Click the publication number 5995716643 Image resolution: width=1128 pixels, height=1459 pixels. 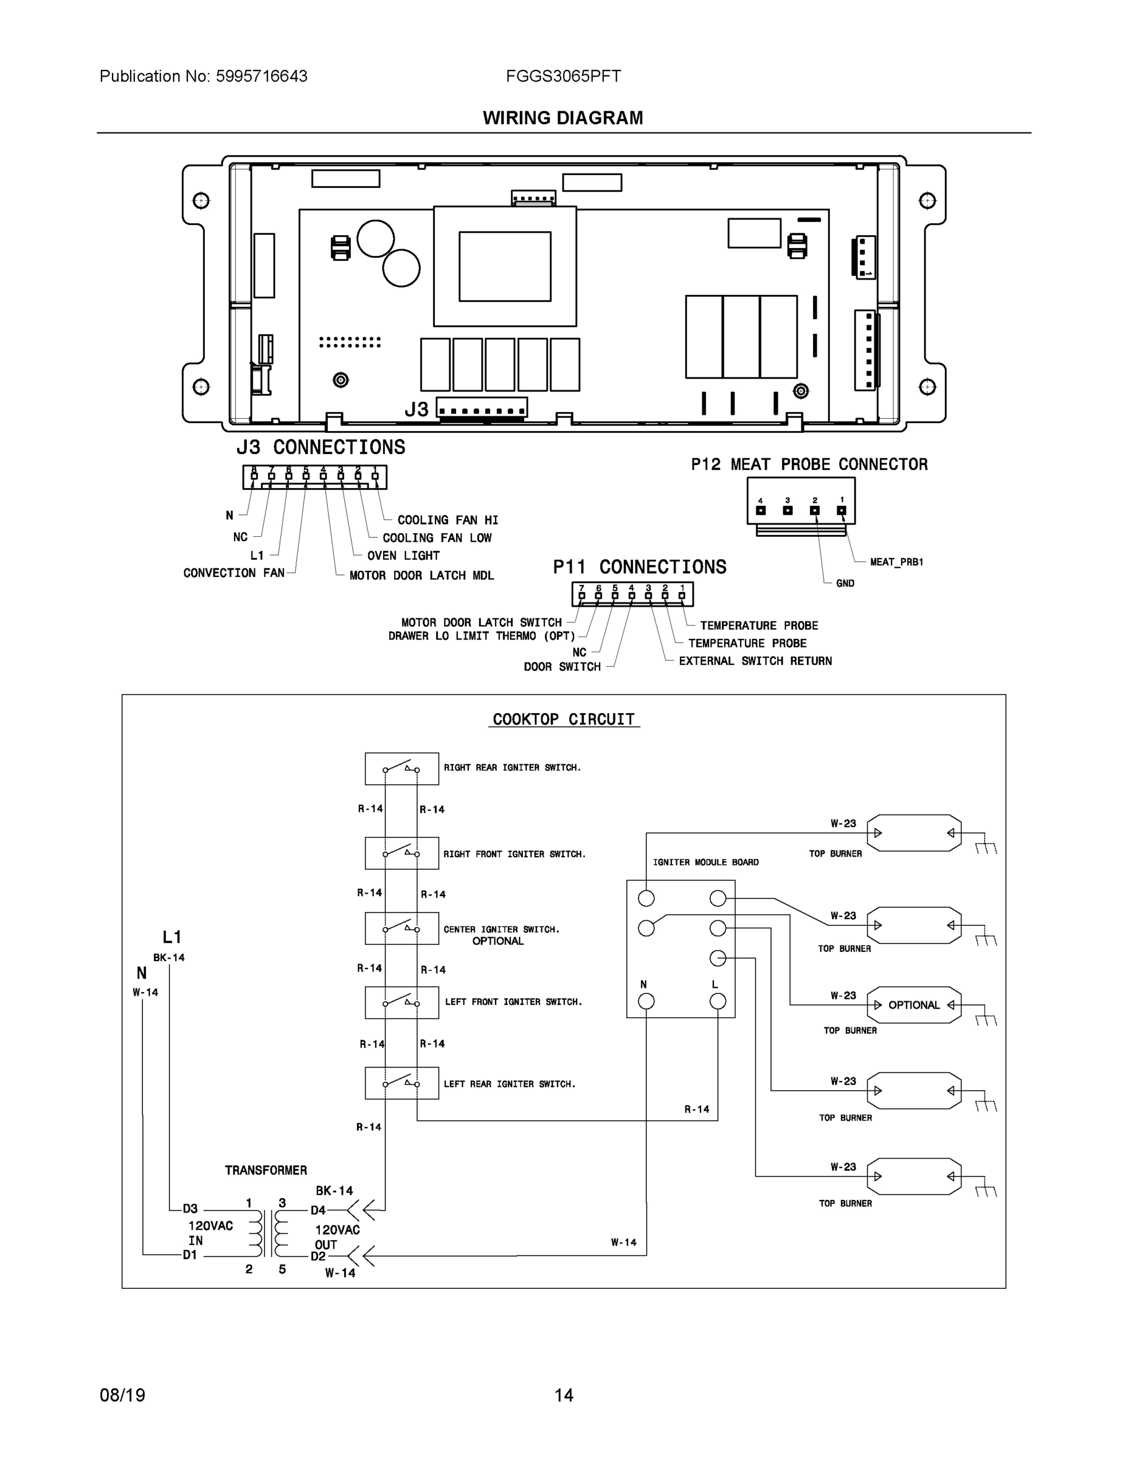261,76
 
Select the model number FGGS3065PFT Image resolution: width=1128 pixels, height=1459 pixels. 563,76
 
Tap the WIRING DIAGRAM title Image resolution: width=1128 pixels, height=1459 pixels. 562,119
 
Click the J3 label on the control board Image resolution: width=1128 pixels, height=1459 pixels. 417,409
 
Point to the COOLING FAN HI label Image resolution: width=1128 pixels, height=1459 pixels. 448,520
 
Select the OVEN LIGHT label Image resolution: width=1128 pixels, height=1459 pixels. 403,555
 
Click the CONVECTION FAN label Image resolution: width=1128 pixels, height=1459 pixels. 234,573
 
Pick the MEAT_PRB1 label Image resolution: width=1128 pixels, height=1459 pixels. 896,562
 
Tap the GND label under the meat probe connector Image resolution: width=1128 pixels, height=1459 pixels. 845,583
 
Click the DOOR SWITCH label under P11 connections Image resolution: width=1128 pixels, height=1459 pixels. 562,667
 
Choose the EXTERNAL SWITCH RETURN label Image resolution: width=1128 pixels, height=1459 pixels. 755,661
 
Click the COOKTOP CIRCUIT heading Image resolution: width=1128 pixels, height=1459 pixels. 563,720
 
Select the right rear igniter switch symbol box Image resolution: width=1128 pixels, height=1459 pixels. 401,769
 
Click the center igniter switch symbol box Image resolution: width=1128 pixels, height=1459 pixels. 401,928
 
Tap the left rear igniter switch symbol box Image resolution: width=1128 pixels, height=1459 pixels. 401,1083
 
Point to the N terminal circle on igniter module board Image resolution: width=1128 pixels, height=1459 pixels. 646,1001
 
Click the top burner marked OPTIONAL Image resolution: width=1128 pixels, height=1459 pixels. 913,1005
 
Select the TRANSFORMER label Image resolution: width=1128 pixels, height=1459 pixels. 266,1170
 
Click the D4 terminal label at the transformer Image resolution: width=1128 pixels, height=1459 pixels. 317,1210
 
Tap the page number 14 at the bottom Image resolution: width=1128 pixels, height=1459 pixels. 563,1395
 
